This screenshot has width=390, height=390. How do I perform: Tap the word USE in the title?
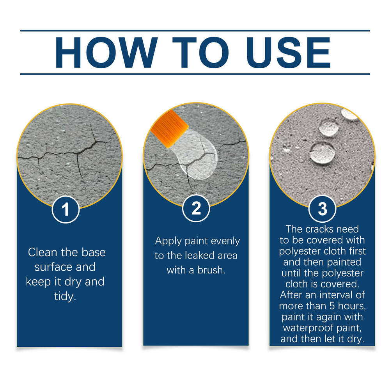288,53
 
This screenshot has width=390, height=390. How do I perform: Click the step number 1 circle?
66,209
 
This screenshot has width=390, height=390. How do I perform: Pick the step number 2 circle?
196,208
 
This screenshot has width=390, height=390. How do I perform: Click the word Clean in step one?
43,252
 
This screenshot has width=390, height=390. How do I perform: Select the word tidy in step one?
65,296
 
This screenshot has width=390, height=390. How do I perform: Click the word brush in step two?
211,270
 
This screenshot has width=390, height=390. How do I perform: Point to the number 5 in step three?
332,306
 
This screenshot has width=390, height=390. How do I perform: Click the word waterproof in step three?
308,328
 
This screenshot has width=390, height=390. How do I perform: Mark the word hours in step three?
352,306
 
